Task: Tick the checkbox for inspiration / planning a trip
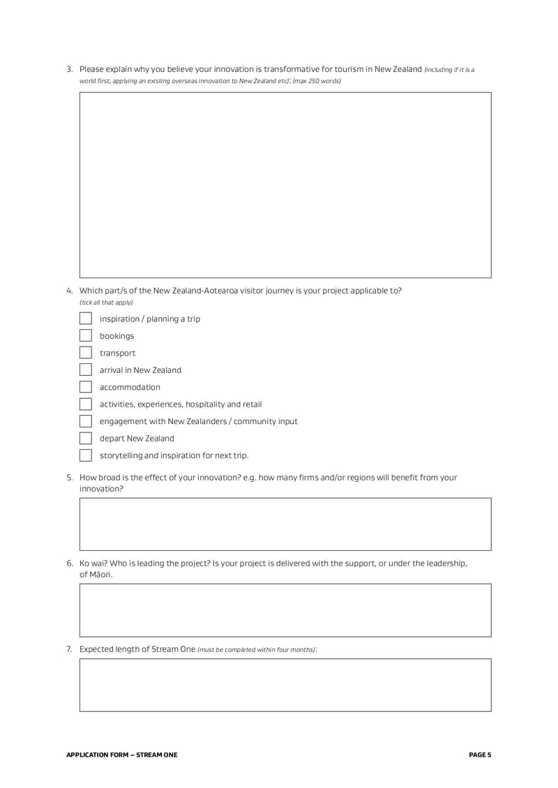coord(86,319)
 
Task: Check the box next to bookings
coord(86,336)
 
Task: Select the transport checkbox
coord(86,353)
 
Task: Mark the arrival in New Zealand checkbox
coord(86,370)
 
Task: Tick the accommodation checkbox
coord(86,387)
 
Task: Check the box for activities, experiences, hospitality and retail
coord(86,404)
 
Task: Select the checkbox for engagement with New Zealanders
coord(86,421)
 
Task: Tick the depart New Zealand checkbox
coord(86,439)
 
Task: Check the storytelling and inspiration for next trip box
coord(86,455)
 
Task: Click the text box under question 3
coord(285,185)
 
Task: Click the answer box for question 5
coord(285,524)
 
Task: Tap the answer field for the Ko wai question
coord(285,610)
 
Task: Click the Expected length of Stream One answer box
coord(285,685)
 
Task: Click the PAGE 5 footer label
coord(480,755)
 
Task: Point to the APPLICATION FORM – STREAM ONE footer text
coord(121,755)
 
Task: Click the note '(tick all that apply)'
coord(106,302)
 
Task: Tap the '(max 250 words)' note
coord(317,81)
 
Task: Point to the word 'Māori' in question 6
coord(100,575)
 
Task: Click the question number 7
coord(69,649)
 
